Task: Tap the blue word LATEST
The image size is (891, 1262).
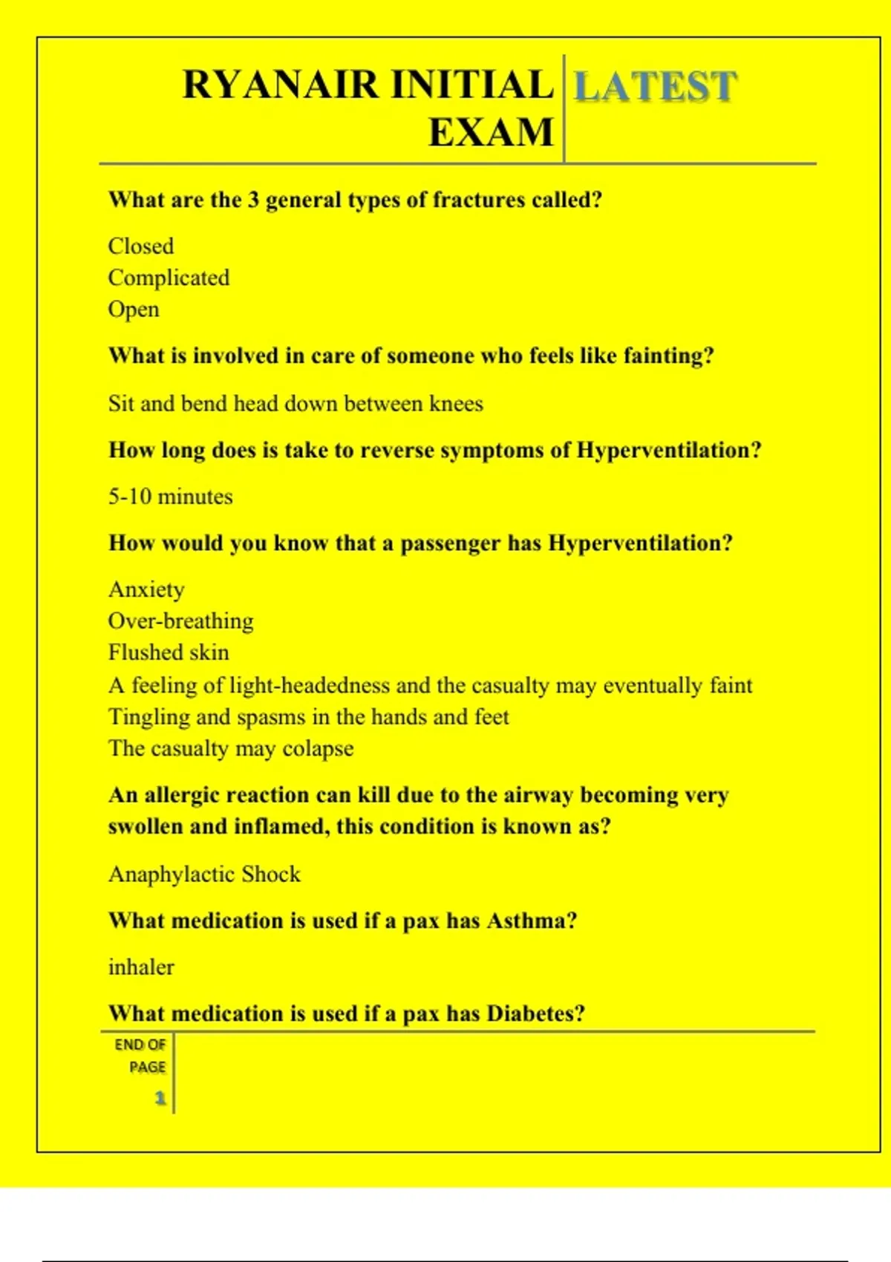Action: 656,86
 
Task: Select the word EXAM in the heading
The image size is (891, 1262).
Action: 491,133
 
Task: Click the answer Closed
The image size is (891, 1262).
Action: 141,246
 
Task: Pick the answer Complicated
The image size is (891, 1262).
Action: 169,278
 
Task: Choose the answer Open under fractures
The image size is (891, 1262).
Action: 134,310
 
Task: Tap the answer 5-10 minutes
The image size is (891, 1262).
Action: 171,497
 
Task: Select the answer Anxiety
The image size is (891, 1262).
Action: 146,589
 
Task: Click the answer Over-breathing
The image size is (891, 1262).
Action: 180,621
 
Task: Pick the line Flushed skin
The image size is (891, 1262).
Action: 169,653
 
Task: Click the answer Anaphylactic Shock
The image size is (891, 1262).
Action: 204,874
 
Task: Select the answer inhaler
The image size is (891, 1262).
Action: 141,967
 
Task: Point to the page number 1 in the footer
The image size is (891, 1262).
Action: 160,1098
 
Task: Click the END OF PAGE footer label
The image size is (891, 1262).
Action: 140,1056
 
